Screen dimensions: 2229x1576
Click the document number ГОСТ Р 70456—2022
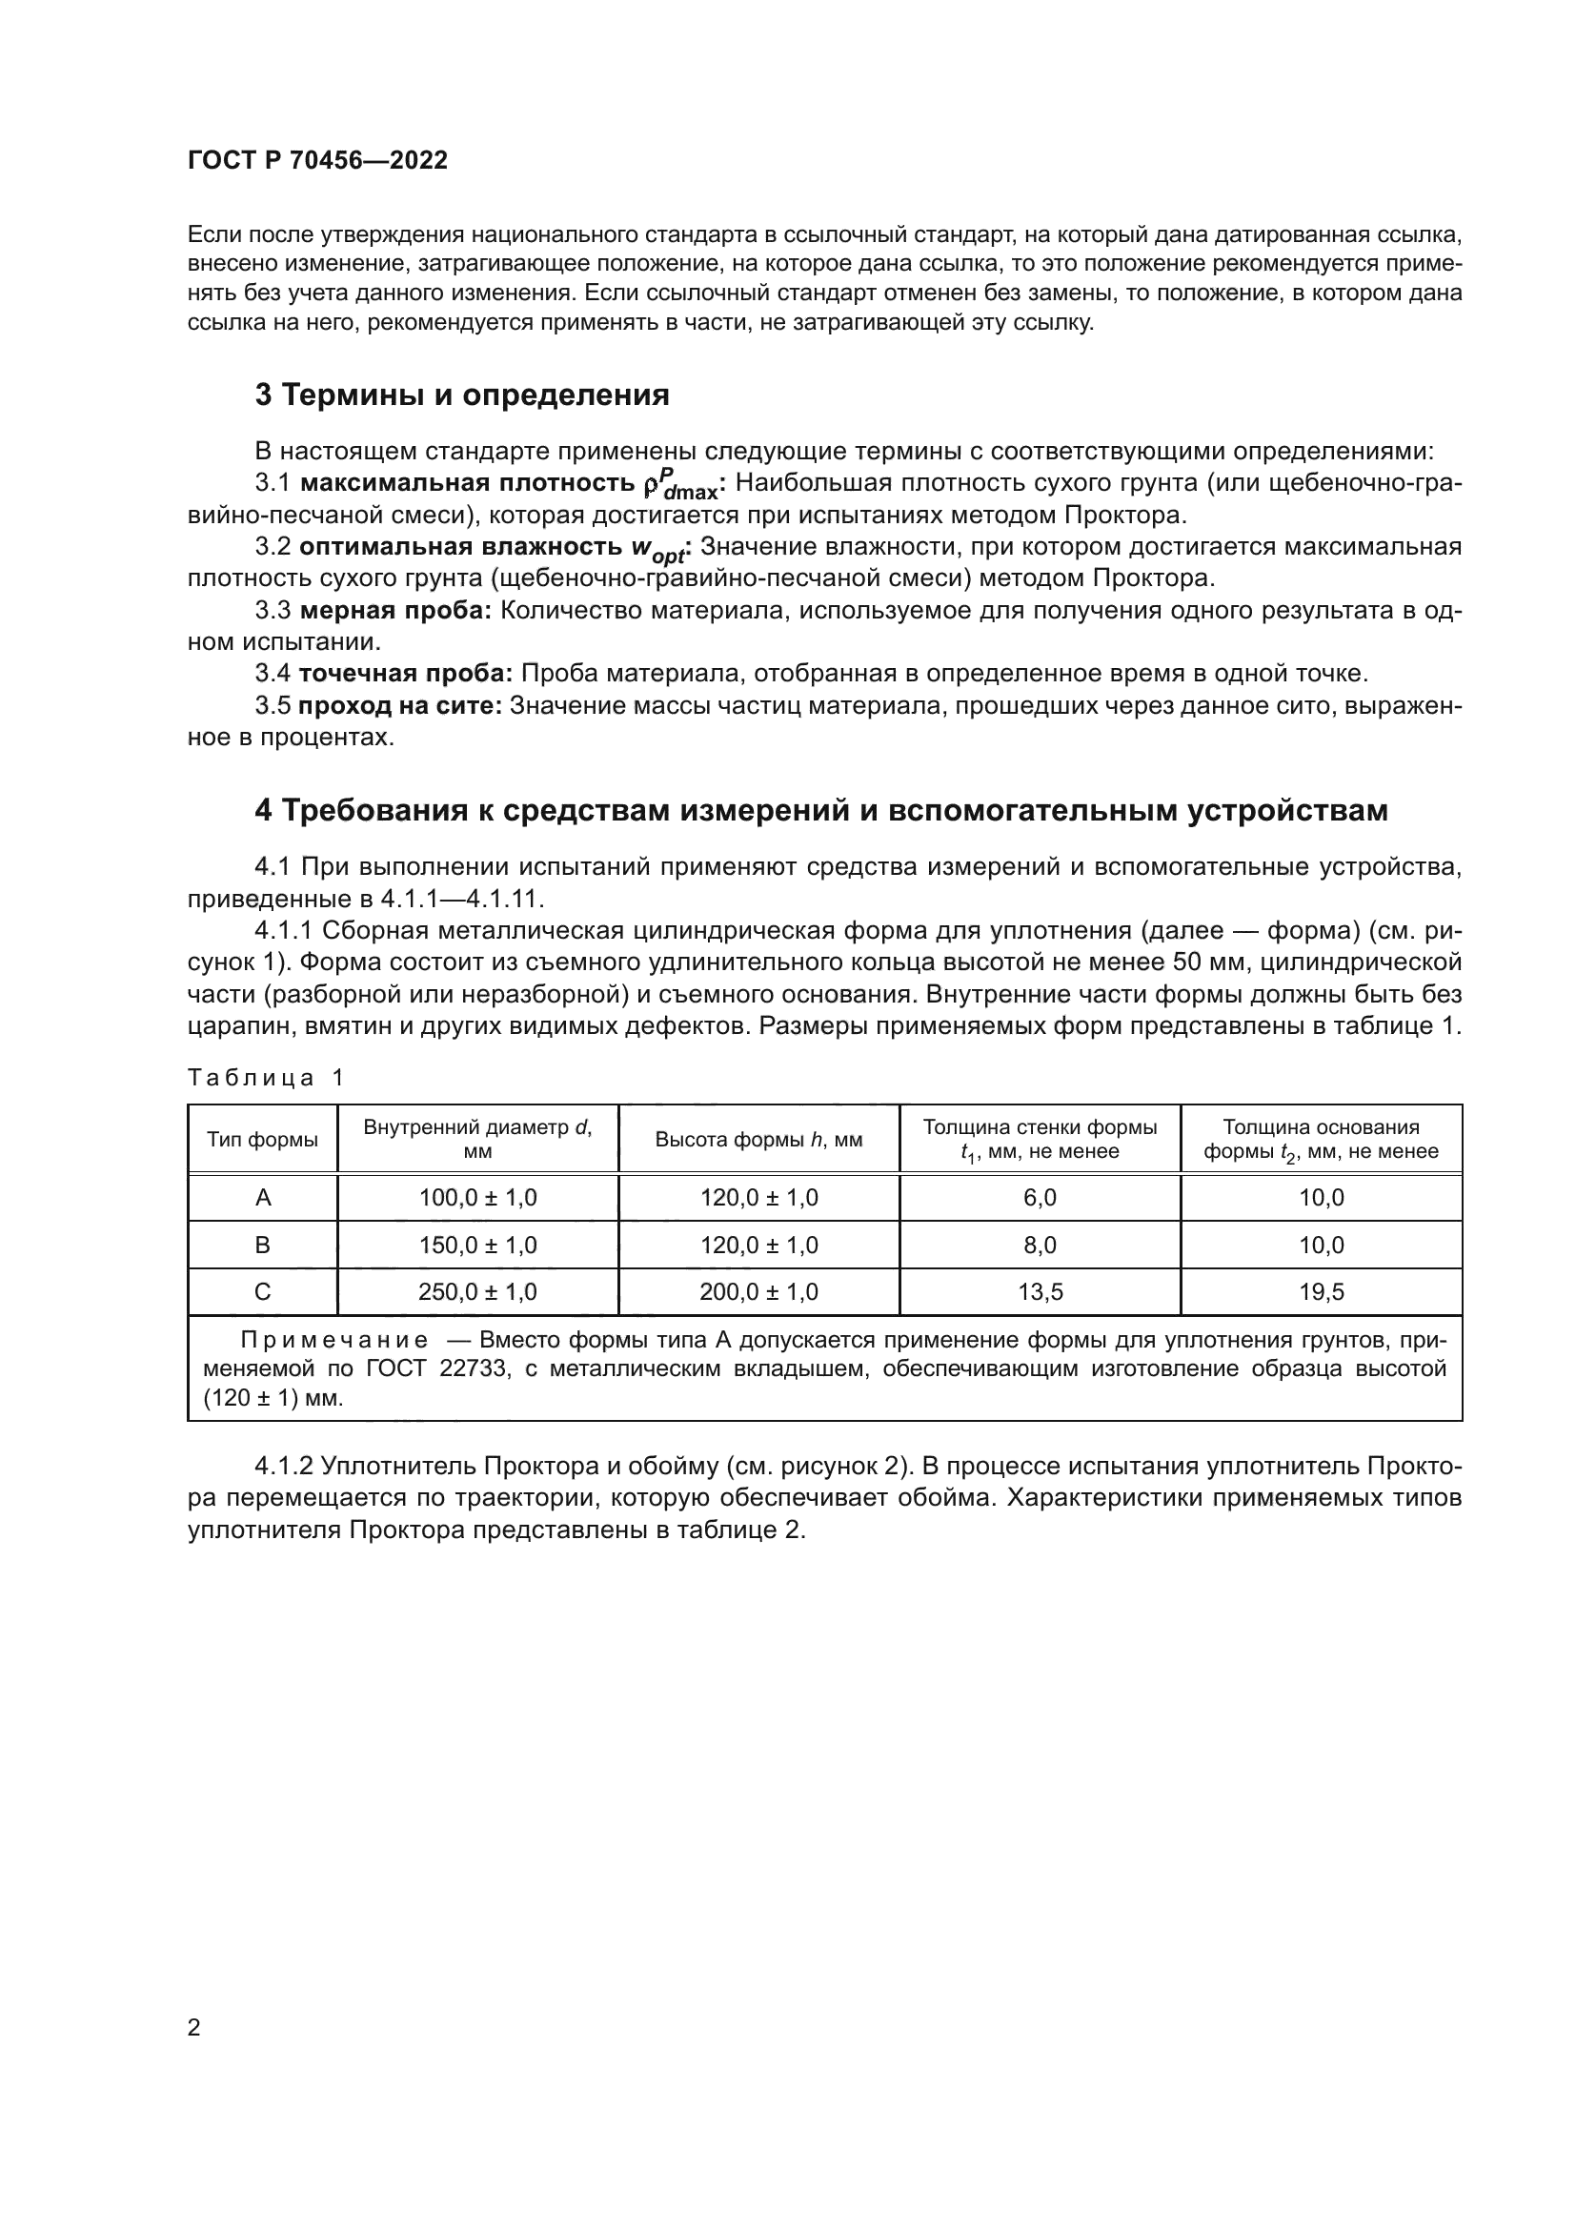click(x=317, y=160)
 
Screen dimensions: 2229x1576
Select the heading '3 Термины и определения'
click(x=462, y=395)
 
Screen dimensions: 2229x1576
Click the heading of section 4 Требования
click(x=821, y=810)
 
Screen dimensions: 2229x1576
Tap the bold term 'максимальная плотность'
click(x=467, y=483)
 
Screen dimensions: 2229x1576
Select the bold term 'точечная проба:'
click(x=406, y=673)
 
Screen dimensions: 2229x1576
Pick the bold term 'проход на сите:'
click(x=400, y=705)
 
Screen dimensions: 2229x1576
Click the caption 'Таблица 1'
click(x=265, y=1078)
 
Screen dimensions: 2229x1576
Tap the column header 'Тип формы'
click(x=262, y=1140)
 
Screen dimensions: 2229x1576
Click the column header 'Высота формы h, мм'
click(x=758, y=1140)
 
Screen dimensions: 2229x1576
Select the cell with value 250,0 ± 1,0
click(x=477, y=1292)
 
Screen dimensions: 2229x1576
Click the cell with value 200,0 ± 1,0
click(x=758, y=1292)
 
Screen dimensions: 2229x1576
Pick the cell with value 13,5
click(x=1040, y=1292)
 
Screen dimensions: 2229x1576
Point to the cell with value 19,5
click(x=1321, y=1292)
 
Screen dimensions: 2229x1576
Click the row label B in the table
click(x=262, y=1246)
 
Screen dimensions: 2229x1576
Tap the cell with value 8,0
click(x=1040, y=1246)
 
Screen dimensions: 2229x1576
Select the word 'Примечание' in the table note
click(x=333, y=1341)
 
